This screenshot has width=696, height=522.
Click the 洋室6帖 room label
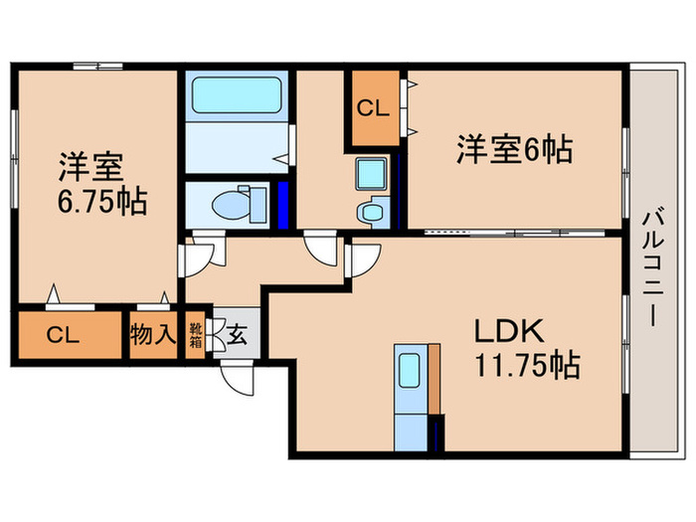(513, 150)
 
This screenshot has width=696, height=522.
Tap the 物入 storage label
(152, 335)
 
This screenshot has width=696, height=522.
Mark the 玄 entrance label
(238, 335)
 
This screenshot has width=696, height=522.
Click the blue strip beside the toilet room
(283, 203)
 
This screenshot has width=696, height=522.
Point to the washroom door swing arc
(322, 249)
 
